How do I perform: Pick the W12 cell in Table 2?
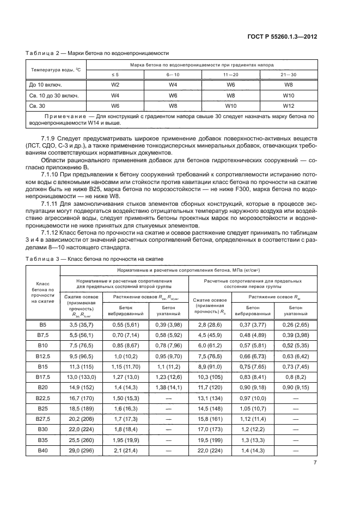[x=288, y=105]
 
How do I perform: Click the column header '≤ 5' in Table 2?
[x=115, y=74]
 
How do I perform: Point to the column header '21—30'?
[x=288, y=74]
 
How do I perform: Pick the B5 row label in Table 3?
[x=42, y=324]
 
